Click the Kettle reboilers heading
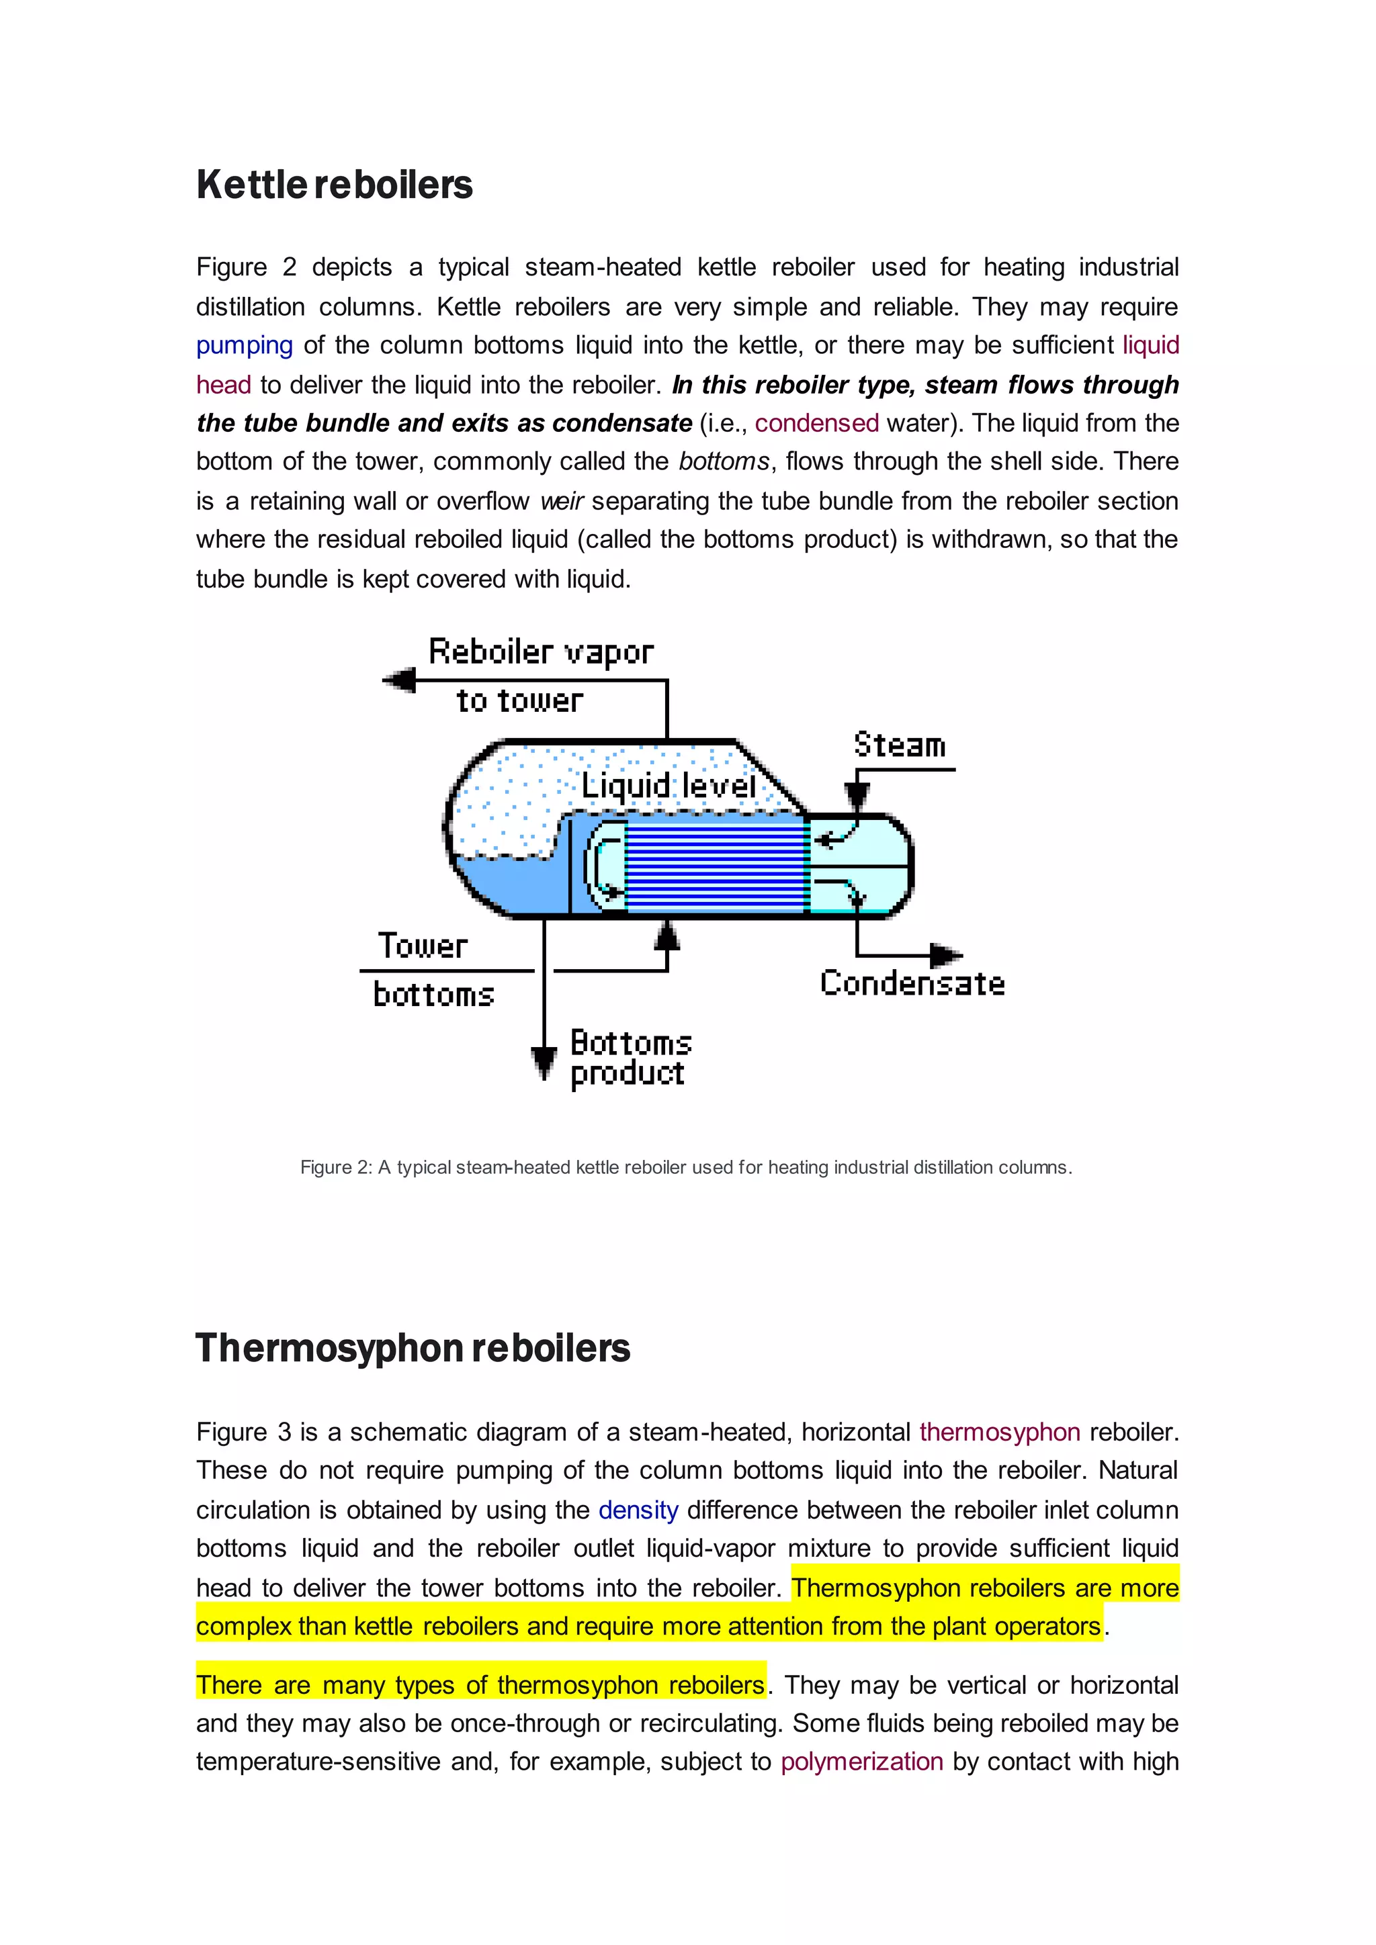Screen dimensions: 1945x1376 coord(335,185)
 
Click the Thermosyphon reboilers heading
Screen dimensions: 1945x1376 coord(413,1349)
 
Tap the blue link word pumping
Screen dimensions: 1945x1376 coord(244,346)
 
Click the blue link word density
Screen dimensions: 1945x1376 coord(638,1510)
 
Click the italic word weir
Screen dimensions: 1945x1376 coord(562,502)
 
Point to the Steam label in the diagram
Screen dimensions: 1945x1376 coord(899,745)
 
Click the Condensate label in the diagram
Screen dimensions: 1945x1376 coord(912,983)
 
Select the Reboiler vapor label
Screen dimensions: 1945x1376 coord(541,652)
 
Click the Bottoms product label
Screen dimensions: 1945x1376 coord(630,1058)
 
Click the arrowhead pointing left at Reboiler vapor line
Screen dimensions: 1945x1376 coord(399,680)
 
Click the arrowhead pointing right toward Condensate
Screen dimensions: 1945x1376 coord(945,956)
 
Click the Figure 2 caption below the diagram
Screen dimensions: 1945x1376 coord(686,1167)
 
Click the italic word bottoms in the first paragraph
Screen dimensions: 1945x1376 coord(724,461)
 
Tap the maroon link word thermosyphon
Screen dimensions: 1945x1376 coord(1000,1433)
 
